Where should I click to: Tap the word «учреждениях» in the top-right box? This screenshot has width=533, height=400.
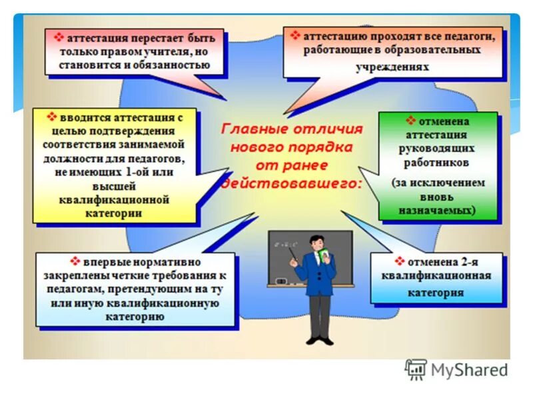click(x=392, y=67)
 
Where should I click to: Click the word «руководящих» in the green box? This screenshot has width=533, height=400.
click(x=438, y=149)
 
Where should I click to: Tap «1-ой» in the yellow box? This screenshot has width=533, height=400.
click(x=139, y=172)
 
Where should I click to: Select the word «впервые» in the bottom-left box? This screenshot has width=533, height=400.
click(x=105, y=262)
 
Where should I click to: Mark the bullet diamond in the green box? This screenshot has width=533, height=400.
click(x=411, y=121)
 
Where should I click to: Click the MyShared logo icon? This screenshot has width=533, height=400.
click(x=416, y=369)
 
